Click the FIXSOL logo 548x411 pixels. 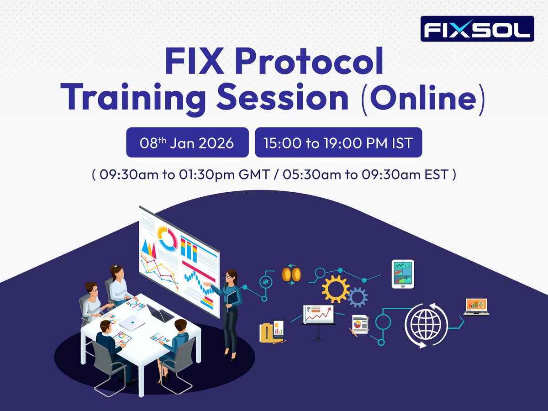pos(477,29)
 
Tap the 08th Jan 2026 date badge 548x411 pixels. pos(187,142)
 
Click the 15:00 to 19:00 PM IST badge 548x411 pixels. pos(338,142)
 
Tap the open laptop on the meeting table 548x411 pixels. pos(160,313)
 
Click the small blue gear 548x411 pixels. pos(357,298)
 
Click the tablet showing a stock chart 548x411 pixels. pos(402,274)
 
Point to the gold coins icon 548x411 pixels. pos(290,274)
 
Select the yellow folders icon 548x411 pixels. pos(272,331)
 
